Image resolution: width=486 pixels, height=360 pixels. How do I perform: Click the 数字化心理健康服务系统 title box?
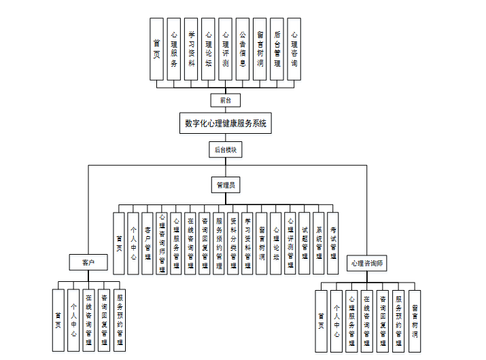pos(226,124)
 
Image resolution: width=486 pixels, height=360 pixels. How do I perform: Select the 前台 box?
pos(225,100)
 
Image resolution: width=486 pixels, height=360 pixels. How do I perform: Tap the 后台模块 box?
pos(225,149)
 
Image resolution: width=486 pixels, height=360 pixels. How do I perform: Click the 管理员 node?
pos(225,184)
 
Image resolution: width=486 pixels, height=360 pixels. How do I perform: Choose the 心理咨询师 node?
pos(367,263)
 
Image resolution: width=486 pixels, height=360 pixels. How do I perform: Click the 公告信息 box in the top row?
pos(243,50)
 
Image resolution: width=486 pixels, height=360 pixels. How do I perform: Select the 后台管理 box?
pos(277,50)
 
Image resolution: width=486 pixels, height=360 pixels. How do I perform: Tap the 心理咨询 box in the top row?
pos(294,50)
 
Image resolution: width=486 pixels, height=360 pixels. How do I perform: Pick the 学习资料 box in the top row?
pos(191,50)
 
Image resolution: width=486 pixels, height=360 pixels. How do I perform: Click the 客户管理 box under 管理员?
pos(147,242)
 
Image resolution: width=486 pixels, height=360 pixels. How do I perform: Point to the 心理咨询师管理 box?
pos(162,242)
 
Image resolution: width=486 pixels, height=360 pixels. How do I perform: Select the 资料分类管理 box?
pos(233,242)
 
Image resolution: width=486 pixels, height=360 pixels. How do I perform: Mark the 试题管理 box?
pos(305,242)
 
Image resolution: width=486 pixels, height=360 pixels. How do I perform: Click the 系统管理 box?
pos(319,242)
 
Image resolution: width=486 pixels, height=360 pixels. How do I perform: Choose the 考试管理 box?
pos(333,242)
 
